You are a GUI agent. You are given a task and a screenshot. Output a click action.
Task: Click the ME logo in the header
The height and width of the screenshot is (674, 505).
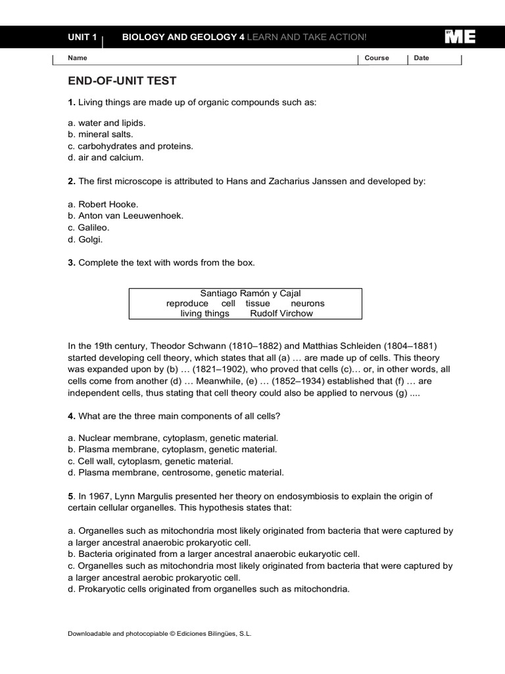pos(460,38)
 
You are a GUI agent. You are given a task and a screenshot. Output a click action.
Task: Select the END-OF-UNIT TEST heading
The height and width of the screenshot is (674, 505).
pos(122,81)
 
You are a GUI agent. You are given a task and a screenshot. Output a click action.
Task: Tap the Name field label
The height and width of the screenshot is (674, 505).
pos(78,58)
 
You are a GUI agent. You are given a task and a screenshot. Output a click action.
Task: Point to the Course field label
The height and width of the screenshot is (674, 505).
pos(377,58)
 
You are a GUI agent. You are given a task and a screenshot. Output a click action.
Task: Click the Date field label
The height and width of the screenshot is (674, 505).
pos(421,58)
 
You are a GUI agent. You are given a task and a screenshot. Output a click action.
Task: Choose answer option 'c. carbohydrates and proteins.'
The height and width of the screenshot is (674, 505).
pos(130,146)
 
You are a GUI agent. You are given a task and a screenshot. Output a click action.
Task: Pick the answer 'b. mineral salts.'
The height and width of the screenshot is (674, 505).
pos(100,134)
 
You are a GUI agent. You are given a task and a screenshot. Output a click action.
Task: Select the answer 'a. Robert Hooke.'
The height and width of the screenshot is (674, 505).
pos(103,204)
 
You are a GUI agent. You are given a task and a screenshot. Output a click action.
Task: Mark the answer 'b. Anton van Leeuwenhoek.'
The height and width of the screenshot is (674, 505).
pos(126,215)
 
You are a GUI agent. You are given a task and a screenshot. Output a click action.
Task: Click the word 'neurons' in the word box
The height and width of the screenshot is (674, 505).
pos(307,303)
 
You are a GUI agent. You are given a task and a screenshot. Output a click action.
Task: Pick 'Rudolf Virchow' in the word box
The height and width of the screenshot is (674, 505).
pos(281,314)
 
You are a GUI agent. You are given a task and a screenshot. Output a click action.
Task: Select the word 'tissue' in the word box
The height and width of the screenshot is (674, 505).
pos(258,303)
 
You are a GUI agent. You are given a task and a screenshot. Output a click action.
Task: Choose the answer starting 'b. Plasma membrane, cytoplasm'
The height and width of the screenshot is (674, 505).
pos(172,449)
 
